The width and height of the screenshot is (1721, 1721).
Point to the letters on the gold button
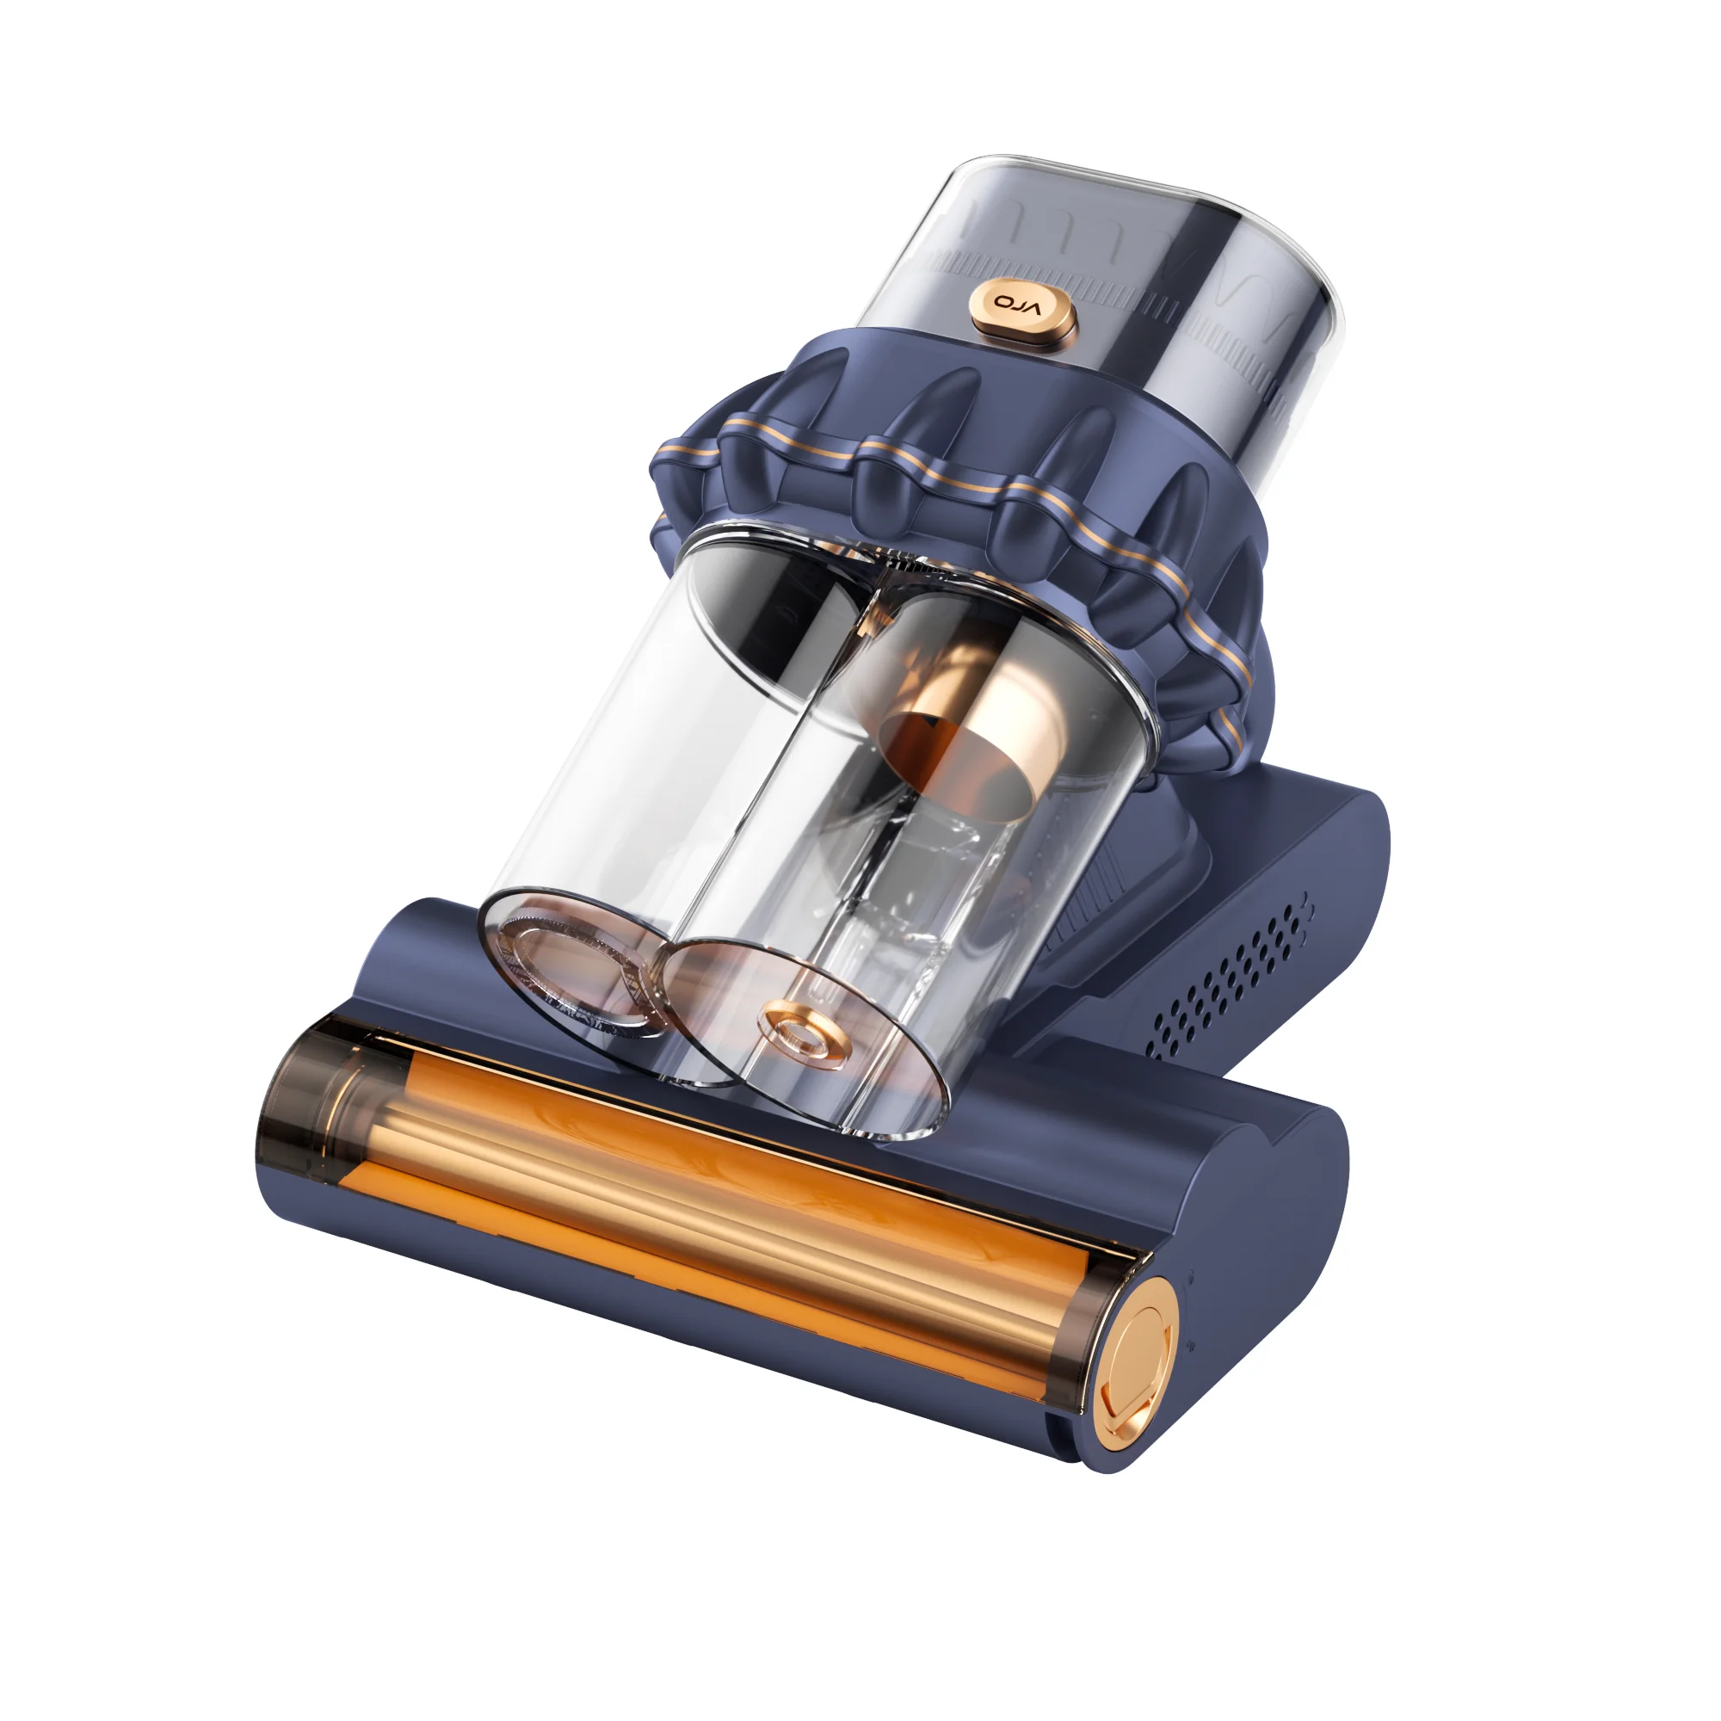pyautogui.click(x=1017, y=305)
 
